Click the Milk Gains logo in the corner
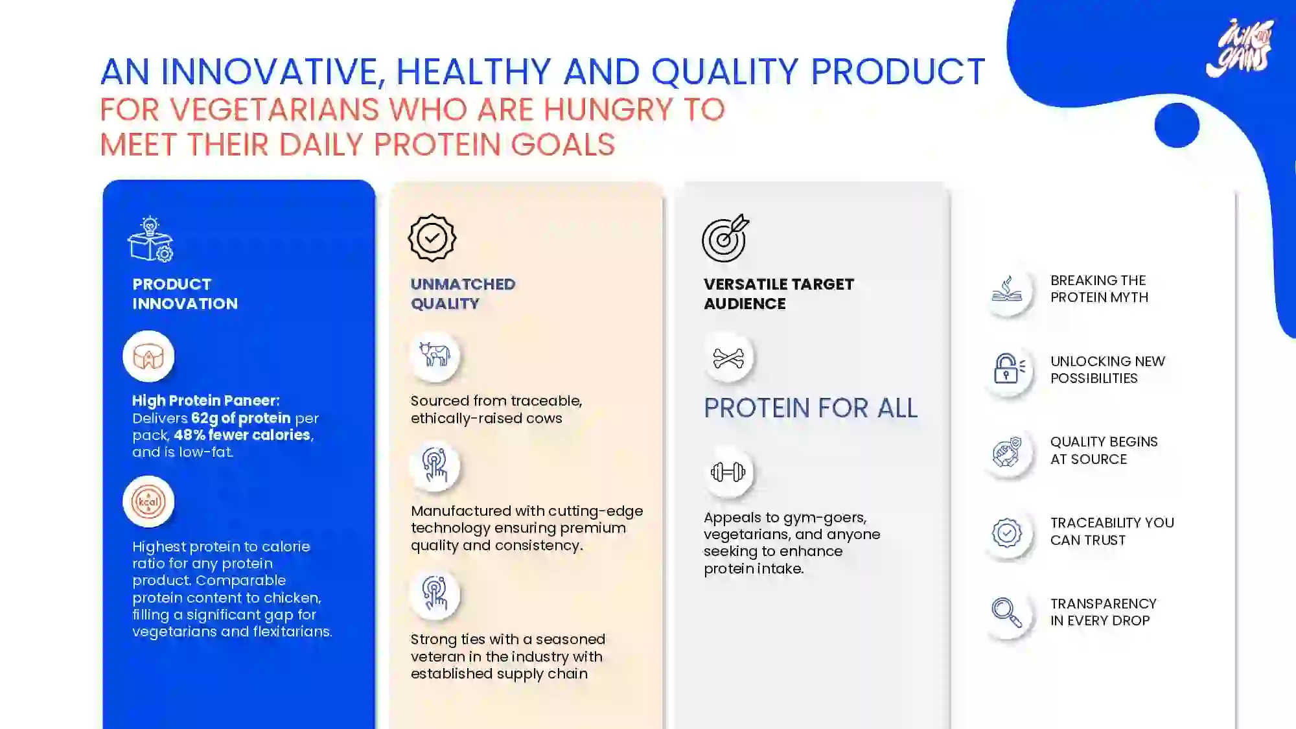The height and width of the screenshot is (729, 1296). (1240, 48)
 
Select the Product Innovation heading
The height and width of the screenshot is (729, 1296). (185, 294)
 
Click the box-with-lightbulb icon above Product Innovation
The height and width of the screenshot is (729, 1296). (150, 238)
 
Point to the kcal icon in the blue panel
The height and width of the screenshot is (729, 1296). (148, 502)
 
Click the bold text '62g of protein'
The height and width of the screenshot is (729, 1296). (240, 418)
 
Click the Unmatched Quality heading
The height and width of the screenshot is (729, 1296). (463, 294)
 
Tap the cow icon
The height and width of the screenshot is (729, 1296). (435, 355)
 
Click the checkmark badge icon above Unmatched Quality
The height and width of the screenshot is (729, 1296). (432, 238)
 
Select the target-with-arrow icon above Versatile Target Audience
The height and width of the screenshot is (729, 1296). (725, 238)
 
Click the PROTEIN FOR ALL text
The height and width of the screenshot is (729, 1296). (811, 408)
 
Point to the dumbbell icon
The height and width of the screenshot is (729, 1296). (728, 472)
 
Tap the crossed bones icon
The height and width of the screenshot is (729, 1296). (728, 358)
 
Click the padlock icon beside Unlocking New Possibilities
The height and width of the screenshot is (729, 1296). (1008, 368)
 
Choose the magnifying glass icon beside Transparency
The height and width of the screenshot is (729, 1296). (1006, 612)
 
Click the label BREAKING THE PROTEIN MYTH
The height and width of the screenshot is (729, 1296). (1099, 289)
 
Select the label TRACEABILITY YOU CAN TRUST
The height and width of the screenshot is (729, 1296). (1112, 531)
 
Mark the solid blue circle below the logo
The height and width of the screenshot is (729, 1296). (1177, 125)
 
